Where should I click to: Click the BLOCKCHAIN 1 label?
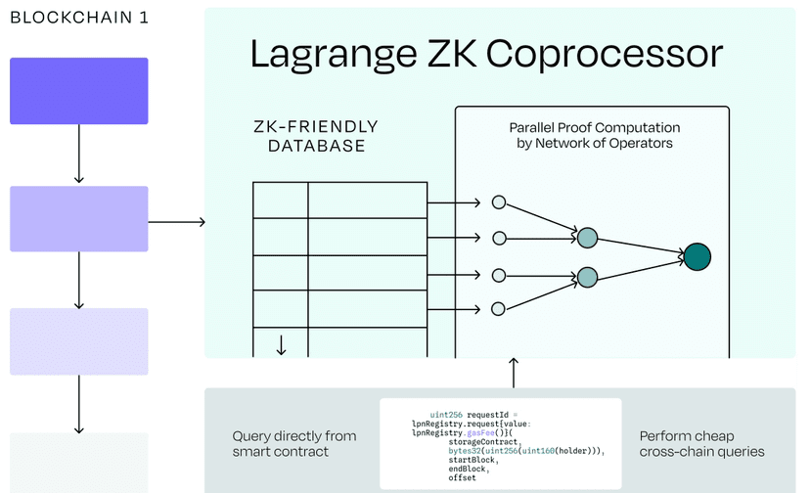pos(79,18)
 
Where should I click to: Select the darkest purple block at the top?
pos(79,91)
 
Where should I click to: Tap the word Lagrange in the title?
pos(334,55)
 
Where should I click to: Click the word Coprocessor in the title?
pos(605,54)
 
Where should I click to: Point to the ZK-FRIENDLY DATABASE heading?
pos(316,136)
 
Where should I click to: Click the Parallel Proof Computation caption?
pos(594,135)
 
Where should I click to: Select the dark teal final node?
pos(698,256)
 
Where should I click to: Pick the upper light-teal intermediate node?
pos(587,238)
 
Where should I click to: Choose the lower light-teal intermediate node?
pos(587,277)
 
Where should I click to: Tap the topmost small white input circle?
pos(499,202)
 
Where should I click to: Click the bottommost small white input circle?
pos(498,309)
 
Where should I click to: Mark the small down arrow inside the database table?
pos(281,345)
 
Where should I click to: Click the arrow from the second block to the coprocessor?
pos(177,222)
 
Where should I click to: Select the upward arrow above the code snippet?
pos(514,373)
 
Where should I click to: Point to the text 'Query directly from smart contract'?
pos(294,444)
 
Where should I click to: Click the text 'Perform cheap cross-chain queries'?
pos(701,444)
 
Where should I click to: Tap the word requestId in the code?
pos(488,415)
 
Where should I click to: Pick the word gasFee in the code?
pos(480,433)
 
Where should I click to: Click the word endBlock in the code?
pos(467,469)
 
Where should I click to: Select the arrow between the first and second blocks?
pos(79,154)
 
